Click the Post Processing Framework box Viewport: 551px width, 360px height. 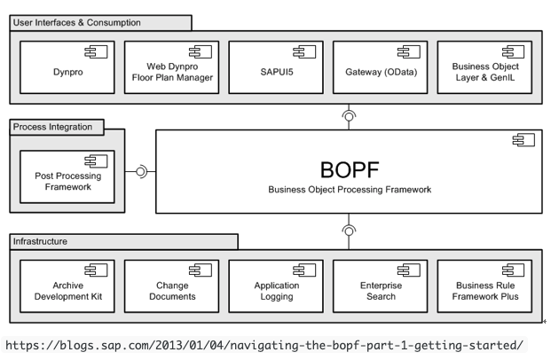pyautogui.click(x=67, y=176)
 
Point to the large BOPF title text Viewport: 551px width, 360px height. pyautogui.click(x=349, y=168)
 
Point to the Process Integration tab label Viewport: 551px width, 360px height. pyautogui.click(x=53, y=127)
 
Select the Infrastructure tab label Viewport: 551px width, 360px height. pyautogui.click(x=40, y=240)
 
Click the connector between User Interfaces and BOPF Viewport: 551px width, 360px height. pyautogui.click(x=350, y=116)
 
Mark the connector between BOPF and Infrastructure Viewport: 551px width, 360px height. pyautogui.click(x=350, y=230)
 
